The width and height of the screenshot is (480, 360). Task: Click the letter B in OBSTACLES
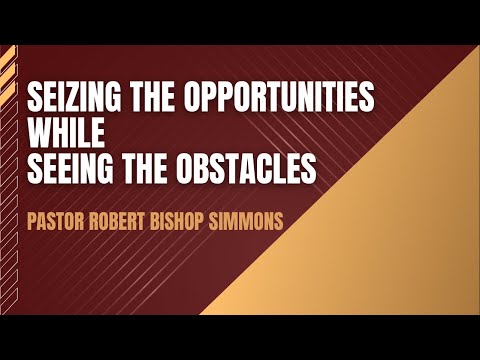[209, 170]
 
